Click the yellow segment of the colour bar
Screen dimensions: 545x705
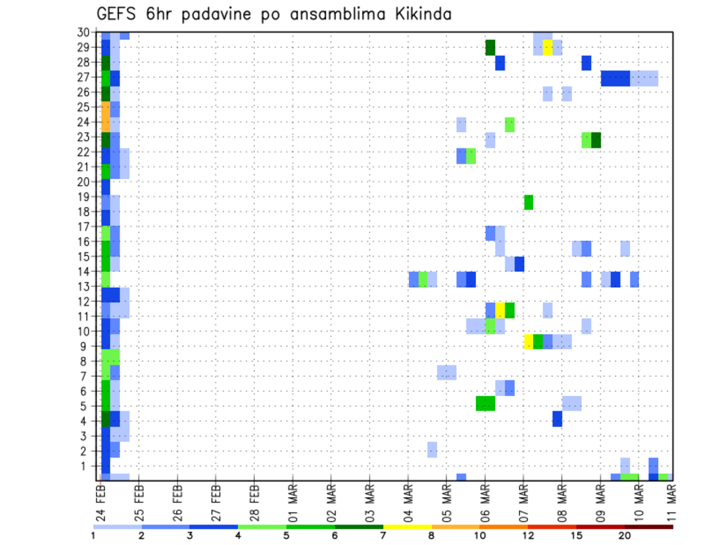pos(406,527)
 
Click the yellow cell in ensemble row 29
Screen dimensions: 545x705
pos(548,47)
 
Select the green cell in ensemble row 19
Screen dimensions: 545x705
pos(528,202)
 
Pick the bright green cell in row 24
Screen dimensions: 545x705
pos(510,124)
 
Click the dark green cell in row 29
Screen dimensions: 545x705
pos(491,47)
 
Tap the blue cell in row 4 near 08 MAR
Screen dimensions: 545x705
pos(557,419)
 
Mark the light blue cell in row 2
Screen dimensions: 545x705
pos(433,450)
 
